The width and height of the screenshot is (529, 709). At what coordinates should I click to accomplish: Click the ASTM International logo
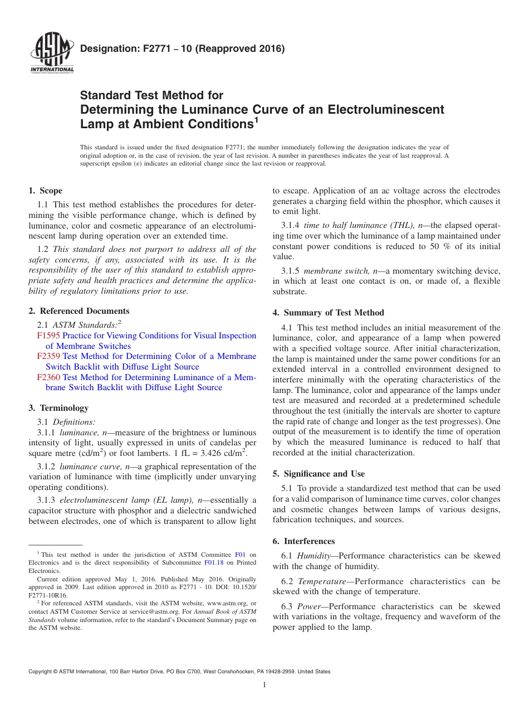[x=52, y=54]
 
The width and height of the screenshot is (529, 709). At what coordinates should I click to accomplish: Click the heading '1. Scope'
[x=45, y=191]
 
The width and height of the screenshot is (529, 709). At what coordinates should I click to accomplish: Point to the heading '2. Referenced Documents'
[x=79, y=311]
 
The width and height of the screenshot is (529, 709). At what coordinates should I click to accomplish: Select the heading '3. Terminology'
[x=58, y=408]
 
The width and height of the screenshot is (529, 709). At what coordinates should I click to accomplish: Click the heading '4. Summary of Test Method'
[x=328, y=313]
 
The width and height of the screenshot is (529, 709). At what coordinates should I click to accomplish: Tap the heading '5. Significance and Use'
[x=319, y=474]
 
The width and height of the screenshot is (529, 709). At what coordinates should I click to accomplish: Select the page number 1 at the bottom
[x=264, y=685]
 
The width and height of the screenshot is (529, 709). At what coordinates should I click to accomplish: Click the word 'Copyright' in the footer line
[x=41, y=672]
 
